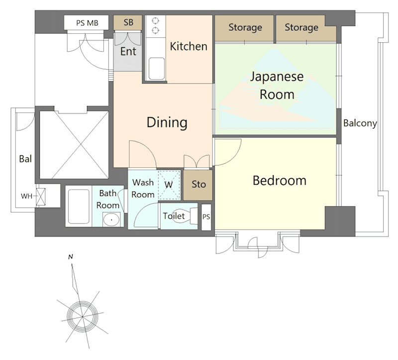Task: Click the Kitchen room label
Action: click(x=189, y=46)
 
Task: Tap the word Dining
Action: click(x=167, y=122)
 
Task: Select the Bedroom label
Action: click(x=280, y=181)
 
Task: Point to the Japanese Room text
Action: click(x=277, y=86)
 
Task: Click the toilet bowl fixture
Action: click(x=185, y=216)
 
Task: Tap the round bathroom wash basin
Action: click(x=111, y=220)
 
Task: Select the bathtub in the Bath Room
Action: click(x=79, y=206)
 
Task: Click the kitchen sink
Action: click(x=156, y=69)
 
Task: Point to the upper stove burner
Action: click(x=155, y=20)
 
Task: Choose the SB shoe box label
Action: click(x=128, y=22)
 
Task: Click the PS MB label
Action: click(x=87, y=23)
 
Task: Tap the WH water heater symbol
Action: click(x=41, y=197)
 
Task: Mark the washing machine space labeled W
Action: click(x=169, y=185)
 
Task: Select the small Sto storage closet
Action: click(x=198, y=185)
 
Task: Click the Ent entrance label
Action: click(x=128, y=52)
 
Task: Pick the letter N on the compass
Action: click(x=71, y=257)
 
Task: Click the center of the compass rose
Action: click(x=82, y=317)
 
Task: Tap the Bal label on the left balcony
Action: click(x=25, y=159)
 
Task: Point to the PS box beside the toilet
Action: click(x=206, y=217)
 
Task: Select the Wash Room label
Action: click(x=143, y=189)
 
